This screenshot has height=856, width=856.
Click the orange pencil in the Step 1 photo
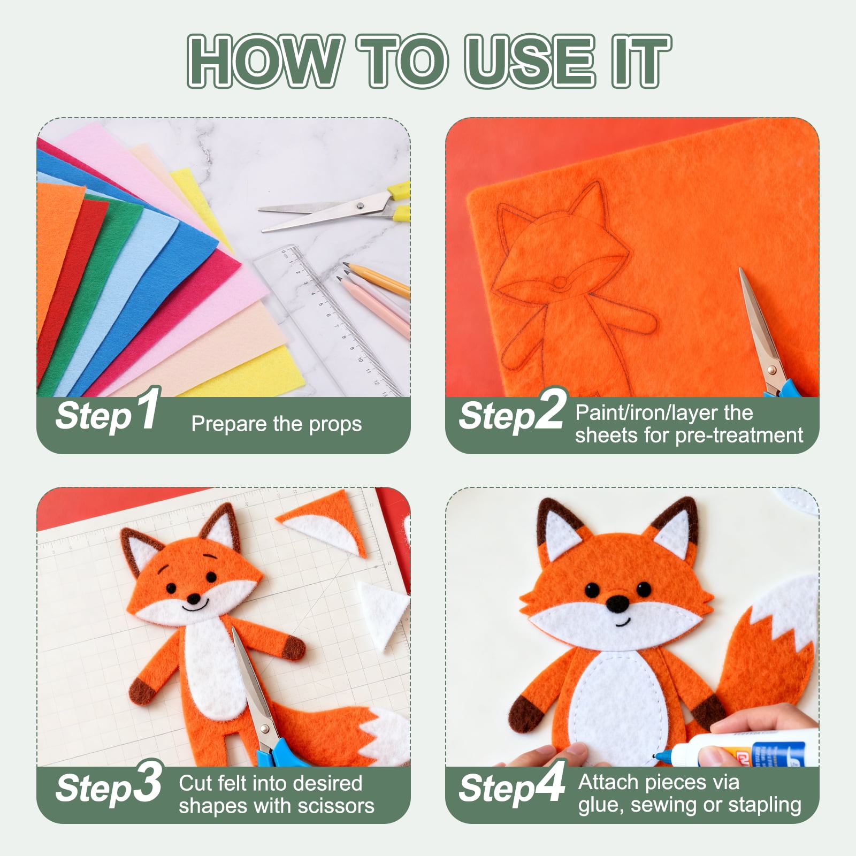(x=377, y=279)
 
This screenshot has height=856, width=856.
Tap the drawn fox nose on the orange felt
(x=559, y=282)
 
